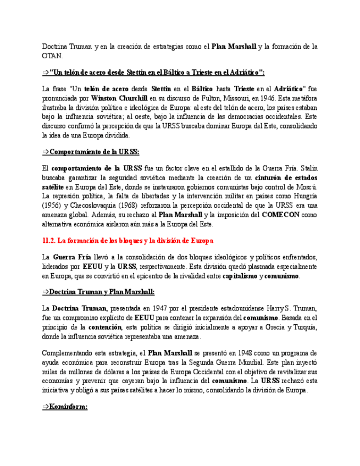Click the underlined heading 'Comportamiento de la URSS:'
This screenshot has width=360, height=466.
(94, 152)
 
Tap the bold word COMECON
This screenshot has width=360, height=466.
(281, 215)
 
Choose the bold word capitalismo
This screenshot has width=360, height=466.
(240, 276)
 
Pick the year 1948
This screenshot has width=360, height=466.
(251, 353)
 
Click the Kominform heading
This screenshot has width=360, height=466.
(68, 407)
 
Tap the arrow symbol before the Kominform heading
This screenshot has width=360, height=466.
(46, 407)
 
